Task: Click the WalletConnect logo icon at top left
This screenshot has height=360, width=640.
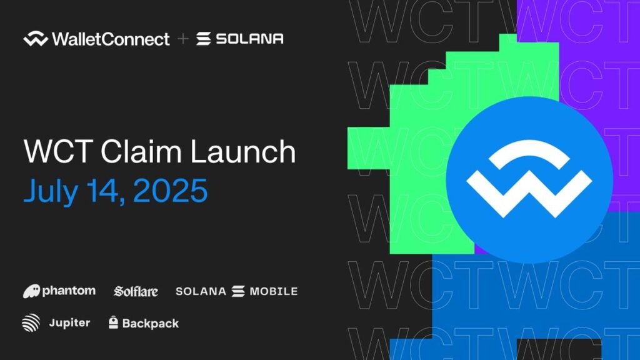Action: pos(35,39)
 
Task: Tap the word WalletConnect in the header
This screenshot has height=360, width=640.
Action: pos(111,39)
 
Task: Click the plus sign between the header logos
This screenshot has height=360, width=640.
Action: pos(182,39)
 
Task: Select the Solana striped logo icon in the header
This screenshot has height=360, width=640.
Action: pos(203,39)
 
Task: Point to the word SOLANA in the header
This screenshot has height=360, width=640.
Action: pos(249,39)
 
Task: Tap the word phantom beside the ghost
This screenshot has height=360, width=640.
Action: pos(69,291)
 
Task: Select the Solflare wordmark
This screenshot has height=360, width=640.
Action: pos(136,291)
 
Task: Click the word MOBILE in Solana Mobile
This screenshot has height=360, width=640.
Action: pos(274,291)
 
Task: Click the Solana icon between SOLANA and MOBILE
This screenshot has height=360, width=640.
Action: pos(237,291)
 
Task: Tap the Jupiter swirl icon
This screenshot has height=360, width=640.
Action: pos(31,323)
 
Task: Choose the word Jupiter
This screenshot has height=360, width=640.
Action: pos(69,323)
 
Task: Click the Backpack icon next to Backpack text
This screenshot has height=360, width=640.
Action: pos(113,323)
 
